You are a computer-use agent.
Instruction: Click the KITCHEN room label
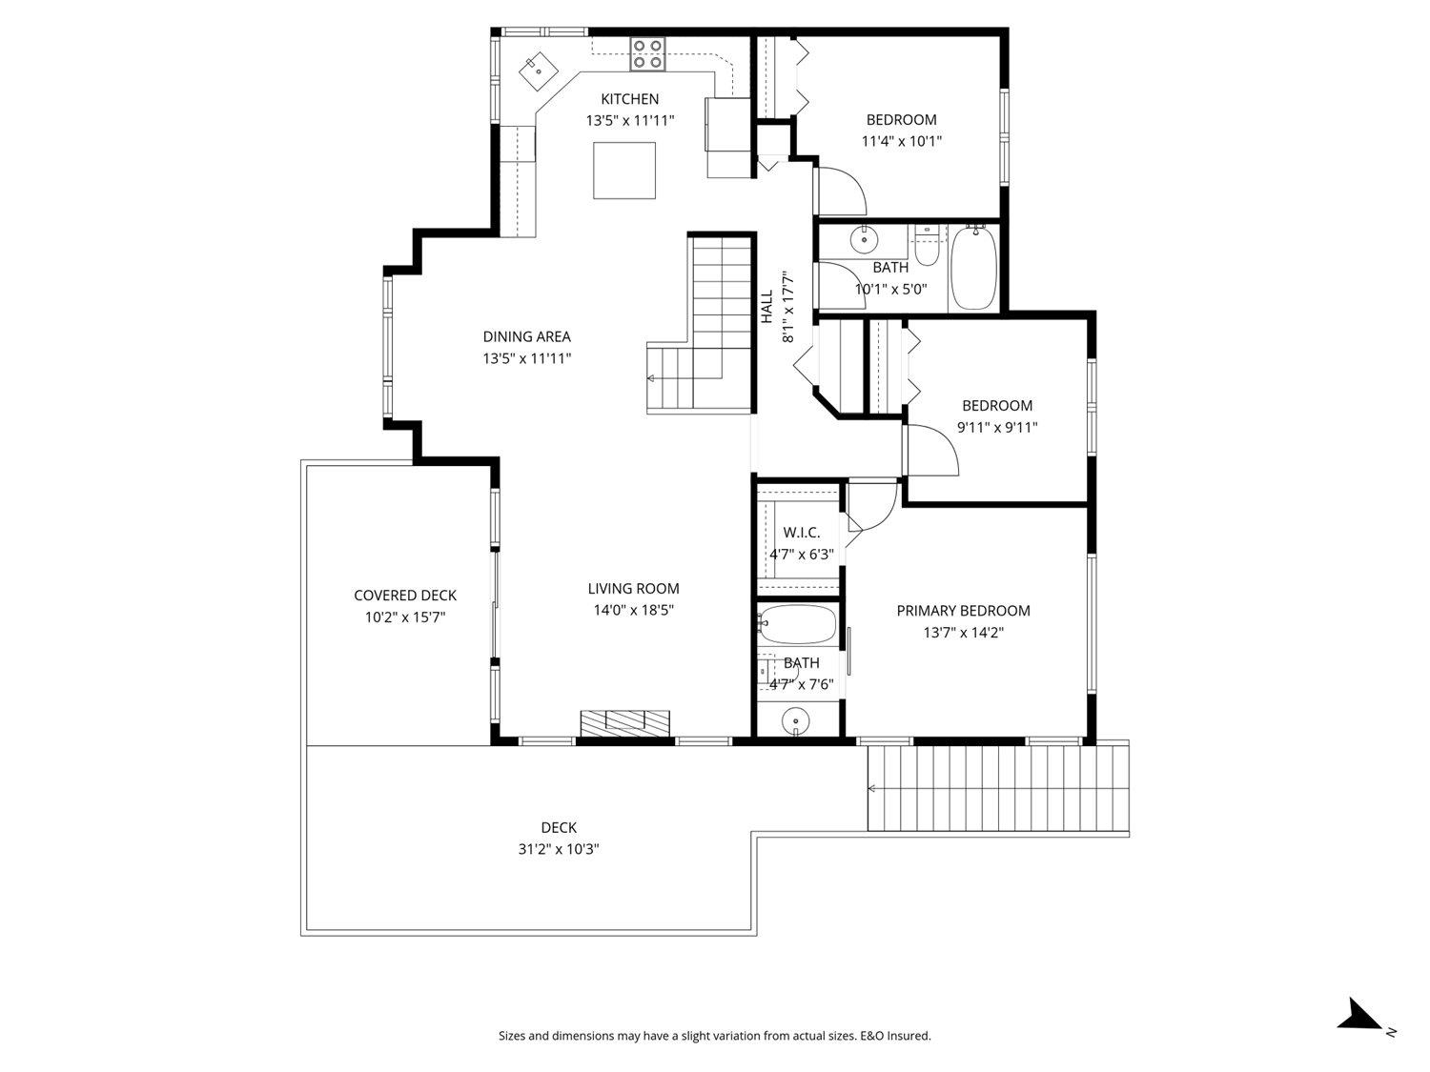point(629,99)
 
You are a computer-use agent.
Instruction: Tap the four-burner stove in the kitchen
point(647,53)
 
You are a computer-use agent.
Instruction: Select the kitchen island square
point(624,171)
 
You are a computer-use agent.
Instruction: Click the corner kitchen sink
point(538,69)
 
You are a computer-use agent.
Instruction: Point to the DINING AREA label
point(526,336)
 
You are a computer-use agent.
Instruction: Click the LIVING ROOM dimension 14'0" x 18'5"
point(633,610)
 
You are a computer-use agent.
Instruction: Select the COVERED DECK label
point(405,596)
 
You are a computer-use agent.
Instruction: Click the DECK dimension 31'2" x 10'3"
point(559,849)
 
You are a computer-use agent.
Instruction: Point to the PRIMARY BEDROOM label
point(963,611)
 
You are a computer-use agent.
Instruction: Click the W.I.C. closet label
point(801,533)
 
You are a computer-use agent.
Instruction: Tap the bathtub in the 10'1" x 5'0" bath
point(973,267)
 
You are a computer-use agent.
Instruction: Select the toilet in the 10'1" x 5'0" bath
point(926,247)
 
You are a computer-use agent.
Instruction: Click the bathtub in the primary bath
point(797,626)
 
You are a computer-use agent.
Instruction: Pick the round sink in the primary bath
point(795,721)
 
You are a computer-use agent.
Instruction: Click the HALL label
point(766,306)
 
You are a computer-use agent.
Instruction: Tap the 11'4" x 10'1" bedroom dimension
point(901,141)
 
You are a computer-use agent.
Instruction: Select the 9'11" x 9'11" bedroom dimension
point(996,428)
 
